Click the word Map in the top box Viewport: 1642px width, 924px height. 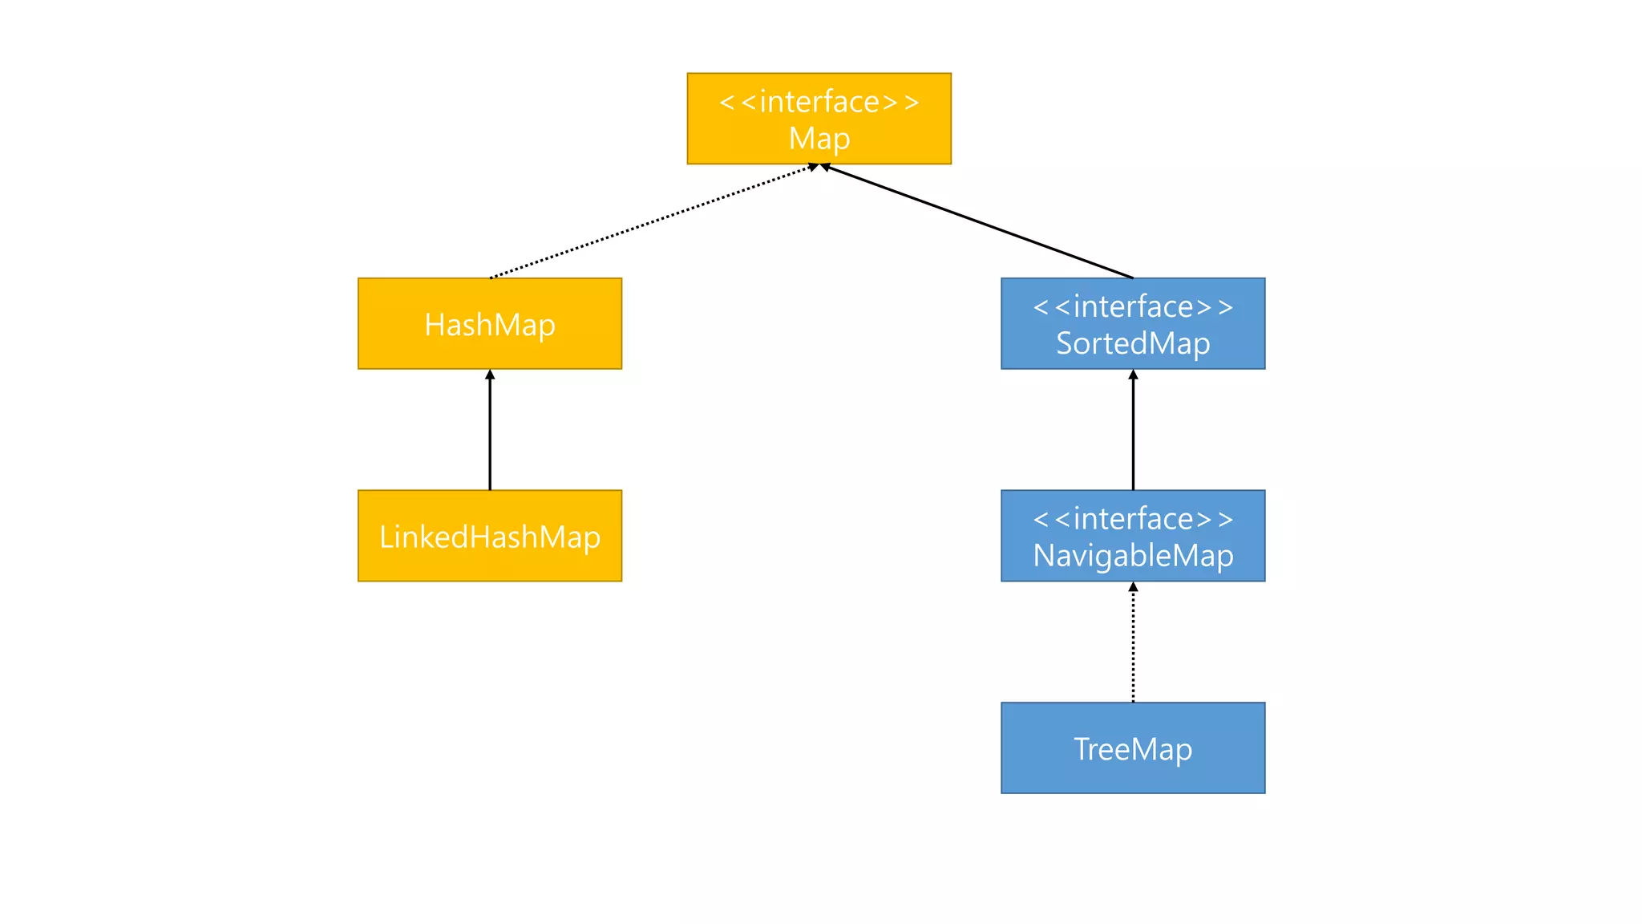click(x=819, y=139)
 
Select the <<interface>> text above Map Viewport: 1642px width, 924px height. click(x=819, y=102)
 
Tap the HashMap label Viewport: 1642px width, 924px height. click(x=490, y=325)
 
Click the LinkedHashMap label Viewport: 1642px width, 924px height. click(x=490, y=537)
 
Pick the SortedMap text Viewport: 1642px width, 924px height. click(x=1133, y=343)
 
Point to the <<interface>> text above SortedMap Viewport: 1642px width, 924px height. click(x=1133, y=306)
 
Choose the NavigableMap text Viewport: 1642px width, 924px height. click(x=1133, y=555)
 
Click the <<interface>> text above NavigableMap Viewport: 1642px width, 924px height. click(x=1133, y=519)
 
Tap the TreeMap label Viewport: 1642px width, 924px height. click(x=1133, y=749)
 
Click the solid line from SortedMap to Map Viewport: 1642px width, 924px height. click(x=978, y=222)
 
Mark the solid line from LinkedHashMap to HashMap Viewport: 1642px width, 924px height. click(x=490, y=433)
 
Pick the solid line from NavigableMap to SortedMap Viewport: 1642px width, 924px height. click(x=1133, y=433)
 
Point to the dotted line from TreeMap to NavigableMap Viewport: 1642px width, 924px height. click(x=1133, y=646)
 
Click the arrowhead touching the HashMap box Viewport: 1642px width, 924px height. click(x=490, y=375)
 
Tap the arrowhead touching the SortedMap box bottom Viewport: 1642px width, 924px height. click(x=1133, y=375)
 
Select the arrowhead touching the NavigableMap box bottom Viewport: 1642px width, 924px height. click(x=1133, y=587)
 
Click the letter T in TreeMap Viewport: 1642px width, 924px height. click(x=1082, y=749)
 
